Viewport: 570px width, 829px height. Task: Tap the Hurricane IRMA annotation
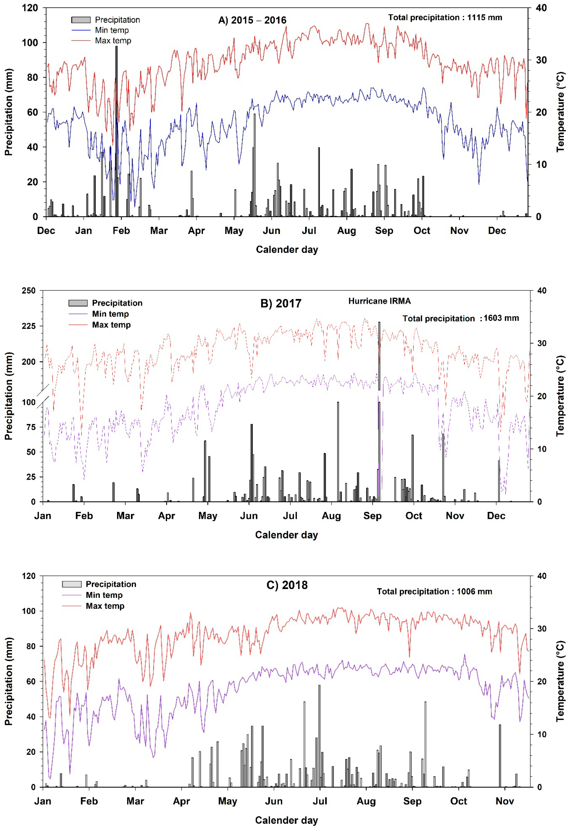click(379, 301)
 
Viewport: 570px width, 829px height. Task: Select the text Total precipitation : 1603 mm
click(461, 318)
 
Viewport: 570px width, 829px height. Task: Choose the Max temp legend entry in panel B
click(111, 325)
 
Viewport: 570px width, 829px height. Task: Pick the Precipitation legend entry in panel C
click(111, 584)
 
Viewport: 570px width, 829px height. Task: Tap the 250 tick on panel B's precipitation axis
click(29, 291)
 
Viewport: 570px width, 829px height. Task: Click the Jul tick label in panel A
click(309, 231)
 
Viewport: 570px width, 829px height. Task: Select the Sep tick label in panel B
click(372, 516)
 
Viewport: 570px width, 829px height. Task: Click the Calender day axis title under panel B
click(286, 535)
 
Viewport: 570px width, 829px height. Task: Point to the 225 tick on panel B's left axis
click(29, 326)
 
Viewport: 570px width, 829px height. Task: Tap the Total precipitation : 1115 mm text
click(445, 18)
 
